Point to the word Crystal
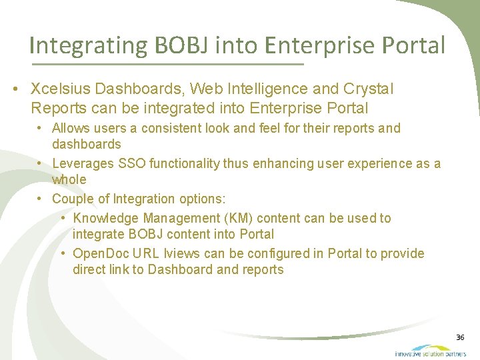(x=368, y=89)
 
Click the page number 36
(x=460, y=338)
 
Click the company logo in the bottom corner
(x=430, y=351)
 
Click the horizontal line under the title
(x=167, y=64)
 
